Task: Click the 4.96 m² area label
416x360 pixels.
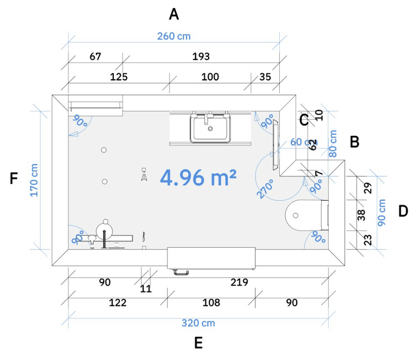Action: coord(198,177)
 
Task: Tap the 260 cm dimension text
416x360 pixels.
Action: coord(174,36)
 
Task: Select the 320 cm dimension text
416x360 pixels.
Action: coord(198,323)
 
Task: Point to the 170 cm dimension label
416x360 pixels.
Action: coord(34,181)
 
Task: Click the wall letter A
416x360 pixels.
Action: coord(174,15)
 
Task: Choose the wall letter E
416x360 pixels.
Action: coord(199,343)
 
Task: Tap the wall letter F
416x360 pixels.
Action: coord(14,178)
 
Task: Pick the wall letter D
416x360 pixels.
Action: coord(403,212)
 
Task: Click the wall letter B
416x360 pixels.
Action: coord(355,142)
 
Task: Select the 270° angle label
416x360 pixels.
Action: coord(265,189)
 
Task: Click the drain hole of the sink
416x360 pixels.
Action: coord(210,129)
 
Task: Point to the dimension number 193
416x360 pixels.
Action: coord(201,56)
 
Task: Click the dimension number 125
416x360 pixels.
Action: coord(119,77)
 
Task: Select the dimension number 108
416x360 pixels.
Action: coord(211,303)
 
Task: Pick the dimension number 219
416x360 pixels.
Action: coord(239,282)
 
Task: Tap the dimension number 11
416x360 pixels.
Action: coord(146,289)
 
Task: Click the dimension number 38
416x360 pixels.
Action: coord(361,215)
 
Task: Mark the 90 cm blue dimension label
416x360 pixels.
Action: coord(382,213)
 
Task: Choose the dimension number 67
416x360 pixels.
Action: coord(95,56)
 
